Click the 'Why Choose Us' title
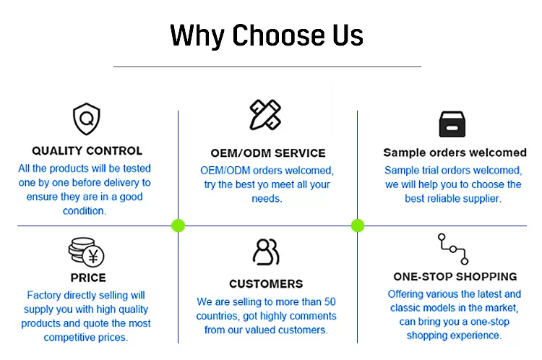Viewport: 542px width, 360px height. tap(267, 35)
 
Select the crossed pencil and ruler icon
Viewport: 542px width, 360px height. tap(265, 115)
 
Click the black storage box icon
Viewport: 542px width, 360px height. tap(452, 124)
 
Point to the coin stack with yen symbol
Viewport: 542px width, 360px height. tap(87, 252)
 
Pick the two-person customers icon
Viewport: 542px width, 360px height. tap(266, 252)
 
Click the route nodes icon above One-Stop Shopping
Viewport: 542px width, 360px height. tap(453, 249)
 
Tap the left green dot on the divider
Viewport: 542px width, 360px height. tap(178, 226)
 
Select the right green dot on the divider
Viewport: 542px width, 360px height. tap(358, 226)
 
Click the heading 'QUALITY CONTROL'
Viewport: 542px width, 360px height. tap(87, 151)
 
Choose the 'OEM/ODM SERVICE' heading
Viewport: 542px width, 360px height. tap(268, 153)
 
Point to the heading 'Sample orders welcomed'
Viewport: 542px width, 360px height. tap(455, 153)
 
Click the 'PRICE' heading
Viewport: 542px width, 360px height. tap(88, 278)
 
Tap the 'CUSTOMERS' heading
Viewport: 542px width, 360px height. tap(266, 284)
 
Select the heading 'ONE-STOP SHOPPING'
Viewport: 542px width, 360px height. tap(455, 277)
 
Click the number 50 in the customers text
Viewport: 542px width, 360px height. tap(330, 302)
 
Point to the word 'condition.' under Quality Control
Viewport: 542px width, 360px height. tap(85, 211)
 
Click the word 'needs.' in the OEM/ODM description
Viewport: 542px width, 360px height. tap(267, 199)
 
